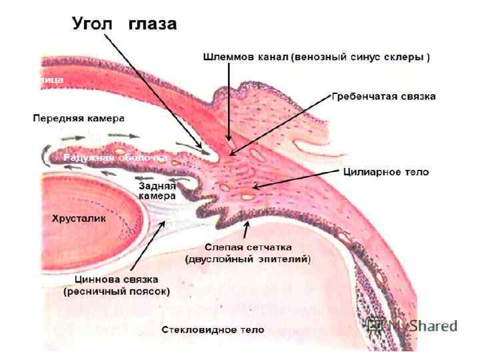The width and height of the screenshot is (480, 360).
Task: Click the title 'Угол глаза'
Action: click(124, 25)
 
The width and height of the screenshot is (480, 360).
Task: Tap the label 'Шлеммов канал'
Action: click(245, 57)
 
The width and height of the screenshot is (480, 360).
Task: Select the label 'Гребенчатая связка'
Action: click(383, 97)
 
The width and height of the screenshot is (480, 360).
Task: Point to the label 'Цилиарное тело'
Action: click(385, 172)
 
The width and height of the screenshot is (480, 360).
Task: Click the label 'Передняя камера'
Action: click(79, 119)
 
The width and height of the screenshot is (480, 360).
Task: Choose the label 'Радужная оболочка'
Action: click(115, 158)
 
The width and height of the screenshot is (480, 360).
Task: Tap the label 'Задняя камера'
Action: click(157, 191)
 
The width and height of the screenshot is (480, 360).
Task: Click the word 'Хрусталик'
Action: click(79, 218)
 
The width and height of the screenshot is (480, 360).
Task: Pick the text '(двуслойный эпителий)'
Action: click(248, 259)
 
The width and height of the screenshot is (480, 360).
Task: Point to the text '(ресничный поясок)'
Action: click(117, 291)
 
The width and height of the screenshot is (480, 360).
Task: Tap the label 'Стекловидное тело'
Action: click(213, 330)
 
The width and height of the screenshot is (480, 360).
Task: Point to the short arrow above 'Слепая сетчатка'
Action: click(247, 229)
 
